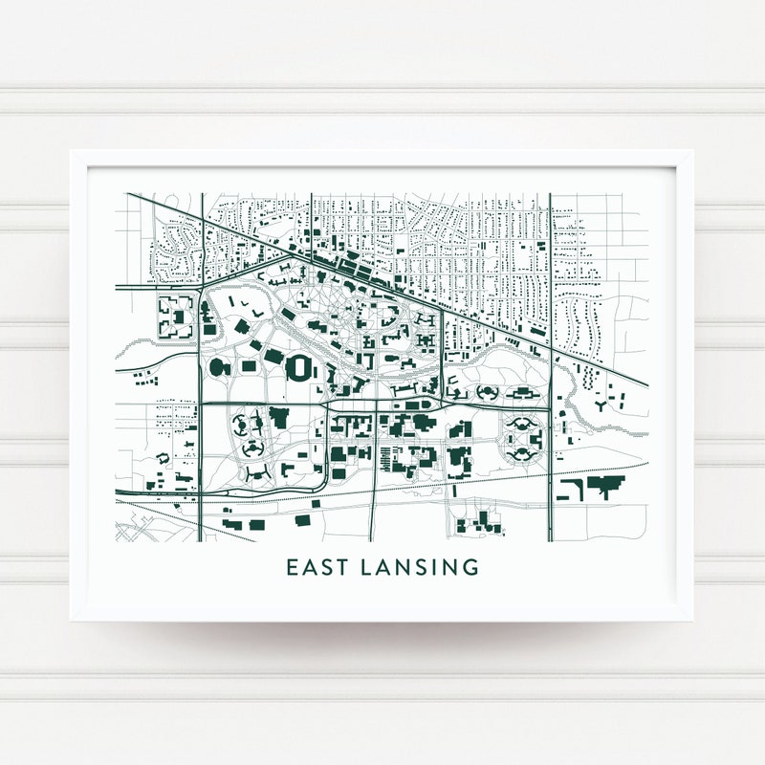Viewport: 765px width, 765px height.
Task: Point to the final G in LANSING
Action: [470, 567]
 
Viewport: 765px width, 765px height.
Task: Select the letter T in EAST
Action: [342, 567]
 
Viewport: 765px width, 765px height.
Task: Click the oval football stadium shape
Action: [300, 366]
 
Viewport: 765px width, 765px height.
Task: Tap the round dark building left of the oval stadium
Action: [215, 366]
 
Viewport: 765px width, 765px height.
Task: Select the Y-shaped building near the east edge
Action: [601, 406]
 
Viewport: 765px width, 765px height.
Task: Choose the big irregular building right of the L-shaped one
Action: [604, 486]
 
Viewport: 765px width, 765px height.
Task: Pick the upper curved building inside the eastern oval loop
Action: [522, 422]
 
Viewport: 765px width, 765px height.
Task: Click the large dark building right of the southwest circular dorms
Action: [280, 416]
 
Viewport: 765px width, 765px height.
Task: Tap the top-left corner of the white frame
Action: [72, 150]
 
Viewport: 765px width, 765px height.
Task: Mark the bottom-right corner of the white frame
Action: [693, 621]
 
